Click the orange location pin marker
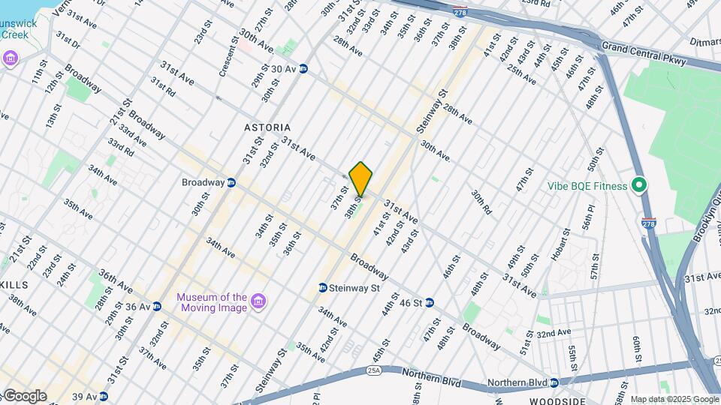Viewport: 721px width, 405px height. coord(361,178)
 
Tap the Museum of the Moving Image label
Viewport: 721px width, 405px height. coord(211,302)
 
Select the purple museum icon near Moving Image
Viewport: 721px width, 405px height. coord(258,301)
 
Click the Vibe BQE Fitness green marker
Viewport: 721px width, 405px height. coord(639,184)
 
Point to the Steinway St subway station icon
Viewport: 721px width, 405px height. coord(322,287)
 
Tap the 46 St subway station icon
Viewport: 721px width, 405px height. coord(430,303)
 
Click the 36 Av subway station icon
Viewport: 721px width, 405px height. coord(156,306)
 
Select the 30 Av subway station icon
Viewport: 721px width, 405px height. coord(303,68)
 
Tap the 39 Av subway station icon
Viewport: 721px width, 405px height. coord(103,396)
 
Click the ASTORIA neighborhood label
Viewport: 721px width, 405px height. coord(267,127)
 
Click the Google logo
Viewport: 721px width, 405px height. coord(25,396)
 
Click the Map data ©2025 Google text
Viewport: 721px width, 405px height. coord(674,399)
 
